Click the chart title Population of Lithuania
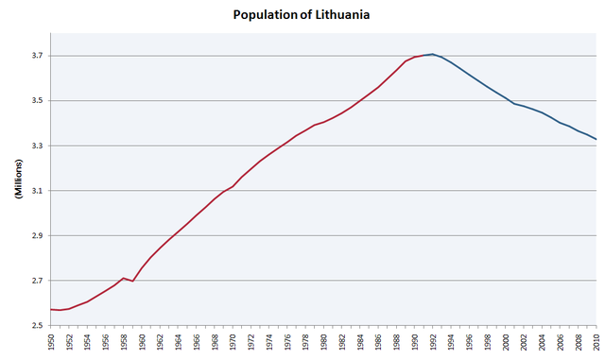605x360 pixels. (x=302, y=16)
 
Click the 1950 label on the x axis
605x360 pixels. (x=51, y=342)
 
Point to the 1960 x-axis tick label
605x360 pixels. (x=142, y=342)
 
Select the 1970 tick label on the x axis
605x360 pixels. (x=233, y=342)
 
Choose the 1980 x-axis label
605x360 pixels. (x=323, y=342)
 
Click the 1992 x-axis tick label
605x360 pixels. (x=432, y=342)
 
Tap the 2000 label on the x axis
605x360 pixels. (x=505, y=342)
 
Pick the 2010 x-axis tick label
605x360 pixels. (x=596, y=342)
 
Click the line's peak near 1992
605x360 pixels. (x=432, y=54)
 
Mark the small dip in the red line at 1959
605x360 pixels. (x=132, y=281)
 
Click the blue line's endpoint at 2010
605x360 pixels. (x=596, y=140)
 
